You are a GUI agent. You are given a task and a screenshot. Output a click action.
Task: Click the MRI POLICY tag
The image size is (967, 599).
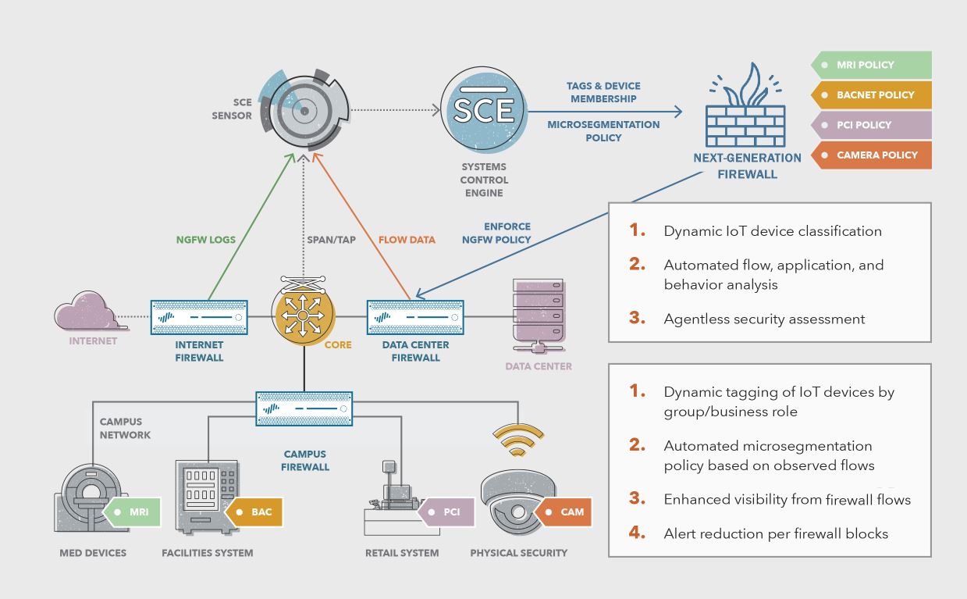coord(872,65)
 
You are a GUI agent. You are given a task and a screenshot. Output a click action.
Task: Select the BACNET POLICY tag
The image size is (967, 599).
coord(872,94)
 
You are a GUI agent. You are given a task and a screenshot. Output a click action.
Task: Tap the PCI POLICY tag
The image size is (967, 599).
coord(872,125)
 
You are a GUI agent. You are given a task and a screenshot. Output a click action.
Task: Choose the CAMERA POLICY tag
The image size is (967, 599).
coord(872,155)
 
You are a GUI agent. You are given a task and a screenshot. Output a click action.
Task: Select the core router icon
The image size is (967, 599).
coord(304,313)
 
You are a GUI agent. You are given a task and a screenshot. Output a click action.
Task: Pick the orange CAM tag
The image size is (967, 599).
coord(565,512)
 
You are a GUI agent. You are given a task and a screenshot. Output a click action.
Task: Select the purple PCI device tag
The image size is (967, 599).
coord(446,512)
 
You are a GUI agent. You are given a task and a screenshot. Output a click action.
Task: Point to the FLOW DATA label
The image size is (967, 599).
coord(407,240)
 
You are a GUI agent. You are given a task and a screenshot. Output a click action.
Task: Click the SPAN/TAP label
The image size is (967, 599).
coord(330,240)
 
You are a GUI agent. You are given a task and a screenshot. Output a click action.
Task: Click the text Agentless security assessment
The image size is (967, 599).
coord(764,319)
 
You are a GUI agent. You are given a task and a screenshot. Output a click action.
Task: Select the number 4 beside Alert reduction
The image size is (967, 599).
coord(638,533)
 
